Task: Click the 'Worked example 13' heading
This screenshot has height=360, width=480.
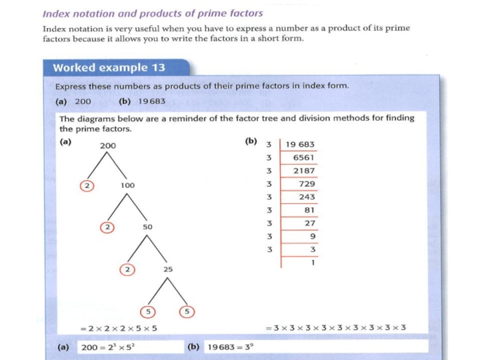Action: tap(109, 67)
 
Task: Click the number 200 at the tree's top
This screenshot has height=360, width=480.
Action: tap(108, 146)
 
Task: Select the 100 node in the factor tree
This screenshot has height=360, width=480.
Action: tap(127, 185)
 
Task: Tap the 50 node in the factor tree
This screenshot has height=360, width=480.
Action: tap(148, 227)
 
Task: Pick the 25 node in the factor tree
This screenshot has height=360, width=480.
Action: tap(168, 269)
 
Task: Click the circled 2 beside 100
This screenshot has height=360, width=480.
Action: tap(88, 185)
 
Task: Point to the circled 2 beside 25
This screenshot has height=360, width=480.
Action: tap(127, 269)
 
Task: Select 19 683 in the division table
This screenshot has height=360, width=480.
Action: tap(300, 145)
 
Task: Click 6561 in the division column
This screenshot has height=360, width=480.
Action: tap(304, 158)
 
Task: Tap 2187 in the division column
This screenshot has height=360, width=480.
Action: tap(304, 171)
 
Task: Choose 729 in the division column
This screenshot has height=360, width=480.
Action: tap(307, 184)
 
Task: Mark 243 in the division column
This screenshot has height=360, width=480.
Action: tap(307, 197)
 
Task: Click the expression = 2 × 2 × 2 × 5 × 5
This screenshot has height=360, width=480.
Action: tap(119, 328)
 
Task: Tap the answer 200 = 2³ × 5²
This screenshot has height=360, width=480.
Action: tap(111, 347)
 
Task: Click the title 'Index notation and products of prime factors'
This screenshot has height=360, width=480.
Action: tap(152, 13)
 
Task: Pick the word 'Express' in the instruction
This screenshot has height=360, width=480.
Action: tap(70, 86)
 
